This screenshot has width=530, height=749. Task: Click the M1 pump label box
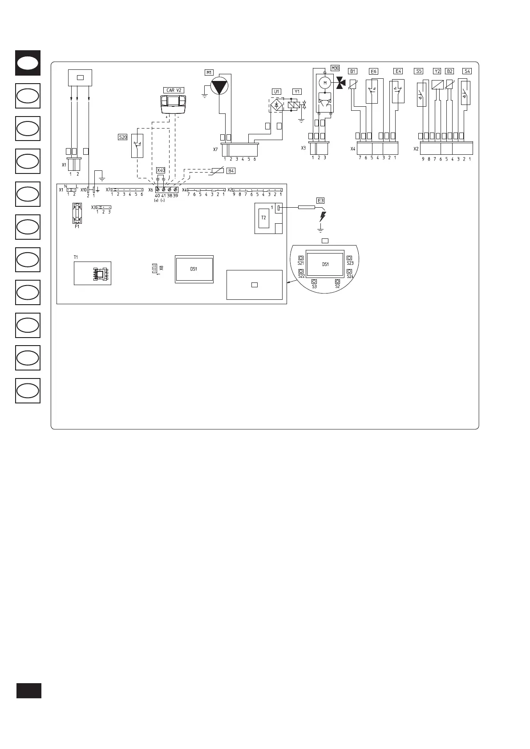click(x=209, y=72)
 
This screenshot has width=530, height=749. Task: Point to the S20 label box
click(x=123, y=137)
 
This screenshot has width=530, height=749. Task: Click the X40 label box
click(x=161, y=170)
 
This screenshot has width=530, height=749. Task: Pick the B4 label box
click(x=231, y=171)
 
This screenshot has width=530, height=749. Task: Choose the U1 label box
click(x=277, y=92)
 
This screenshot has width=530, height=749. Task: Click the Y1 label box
click(x=297, y=92)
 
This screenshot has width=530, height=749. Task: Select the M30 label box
click(x=335, y=68)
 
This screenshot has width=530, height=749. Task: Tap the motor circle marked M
click(x=325, y=83)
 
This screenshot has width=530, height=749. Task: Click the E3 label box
click(x=320, y=200)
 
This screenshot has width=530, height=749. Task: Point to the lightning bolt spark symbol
click(x=323, y=217)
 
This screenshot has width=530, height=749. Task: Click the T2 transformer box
click(x=263, y=218)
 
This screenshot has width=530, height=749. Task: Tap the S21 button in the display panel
click(x=301, y=258)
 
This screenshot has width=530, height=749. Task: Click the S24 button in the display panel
click(x=350, y=271)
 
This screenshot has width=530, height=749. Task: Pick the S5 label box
click(x=419, y=71)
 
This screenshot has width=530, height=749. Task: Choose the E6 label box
click(x=373, y=72)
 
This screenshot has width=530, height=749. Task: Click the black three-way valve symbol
click(x=341, y=83)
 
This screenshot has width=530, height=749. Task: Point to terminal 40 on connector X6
click(x=158, y=190)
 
